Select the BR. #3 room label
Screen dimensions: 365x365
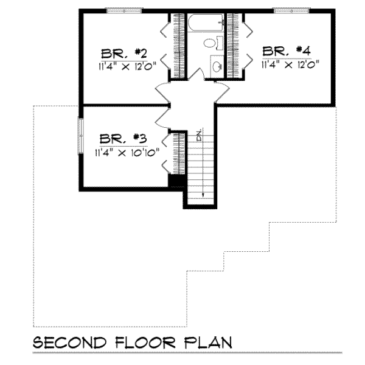(x=123, y=139)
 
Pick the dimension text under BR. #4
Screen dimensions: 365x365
(x=291, y=63)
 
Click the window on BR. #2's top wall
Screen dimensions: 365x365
(x=125, y=10)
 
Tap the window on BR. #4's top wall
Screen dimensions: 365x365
(x=289, y=10)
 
